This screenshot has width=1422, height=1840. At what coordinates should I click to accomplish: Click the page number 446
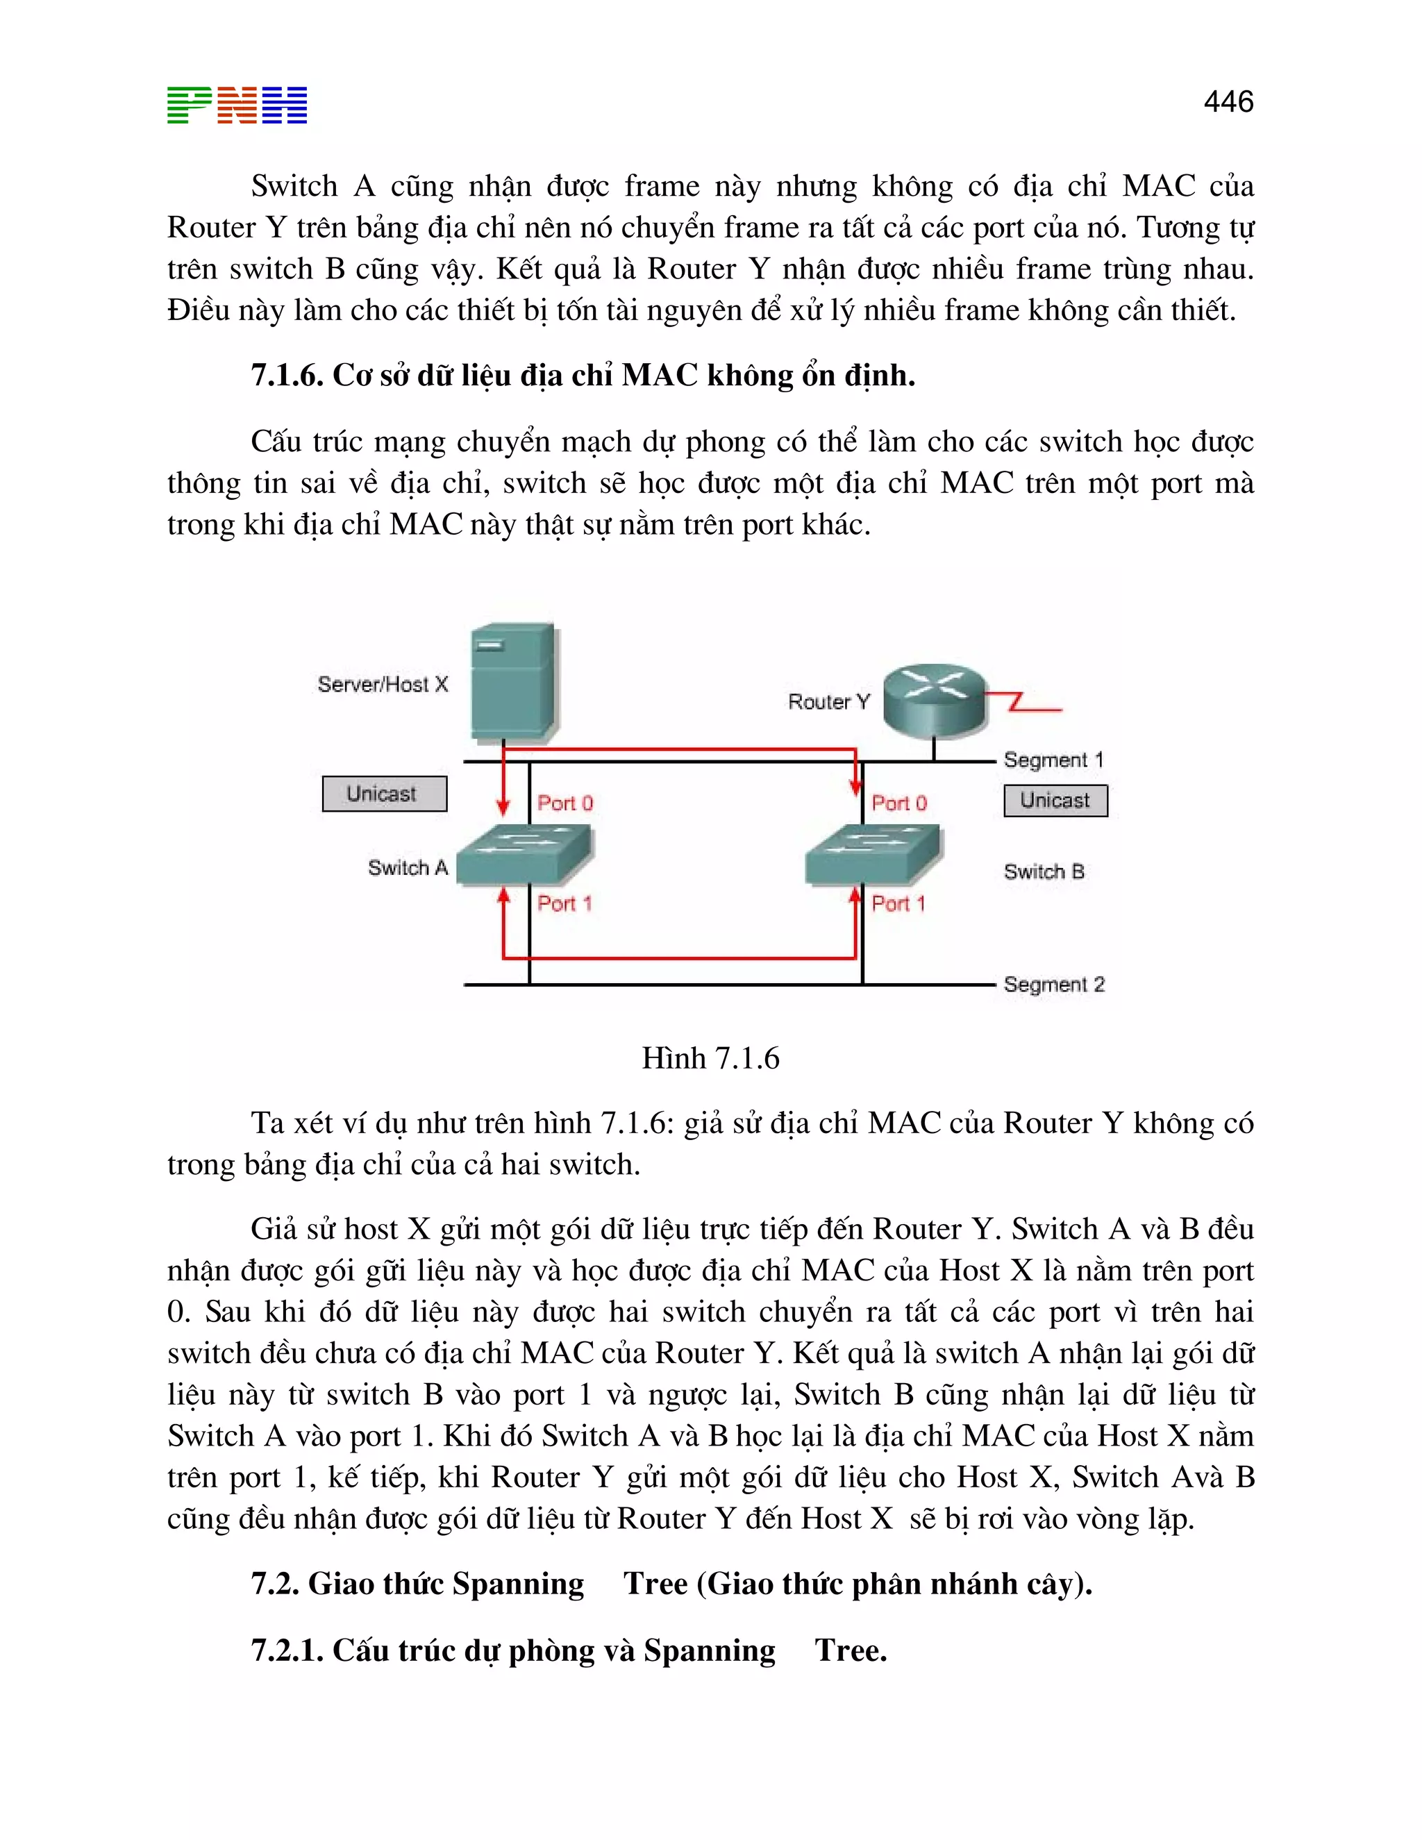point(1228,102)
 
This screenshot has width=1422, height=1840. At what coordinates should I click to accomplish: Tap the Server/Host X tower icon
point(513,683)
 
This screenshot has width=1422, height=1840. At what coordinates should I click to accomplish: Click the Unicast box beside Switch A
point(384,794)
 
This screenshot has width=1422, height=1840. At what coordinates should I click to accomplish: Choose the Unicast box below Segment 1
point(1055,801)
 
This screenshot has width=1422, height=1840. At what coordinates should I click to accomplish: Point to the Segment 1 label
point(1053,760)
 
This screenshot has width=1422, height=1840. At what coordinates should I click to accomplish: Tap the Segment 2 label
point(1053,984)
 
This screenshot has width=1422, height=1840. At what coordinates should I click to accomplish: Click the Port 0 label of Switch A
point(565,803)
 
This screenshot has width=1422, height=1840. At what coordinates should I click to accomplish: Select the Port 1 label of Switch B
point(898,904)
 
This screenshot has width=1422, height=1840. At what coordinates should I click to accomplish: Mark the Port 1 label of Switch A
point(564,904)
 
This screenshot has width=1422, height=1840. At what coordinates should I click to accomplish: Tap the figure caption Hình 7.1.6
point(710,1058)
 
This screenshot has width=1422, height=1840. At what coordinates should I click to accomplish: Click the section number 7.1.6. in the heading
point(287,376)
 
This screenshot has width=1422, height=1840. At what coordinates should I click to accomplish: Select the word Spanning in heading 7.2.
point(518,1584)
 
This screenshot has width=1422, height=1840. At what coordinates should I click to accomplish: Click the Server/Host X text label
point(383,684)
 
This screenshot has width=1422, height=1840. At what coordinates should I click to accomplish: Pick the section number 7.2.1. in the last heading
point(287,1650)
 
